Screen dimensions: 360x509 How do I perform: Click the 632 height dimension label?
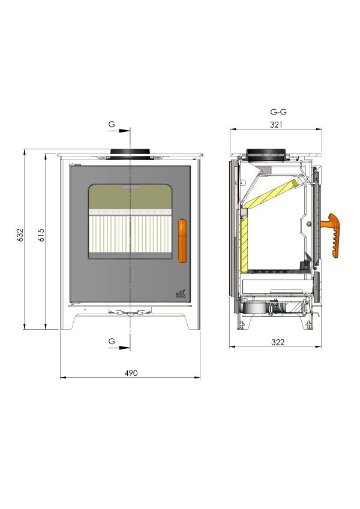[20, 235]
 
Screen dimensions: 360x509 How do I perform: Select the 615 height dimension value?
[41, 235]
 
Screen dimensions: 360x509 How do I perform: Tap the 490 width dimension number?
[131, 373]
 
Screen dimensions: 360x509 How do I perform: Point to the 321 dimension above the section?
[276, 125]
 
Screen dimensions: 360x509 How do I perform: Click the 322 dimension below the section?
[278, 342]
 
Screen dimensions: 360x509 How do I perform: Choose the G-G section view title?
[278, 112]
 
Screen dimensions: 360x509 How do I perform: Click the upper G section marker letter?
[112, 124]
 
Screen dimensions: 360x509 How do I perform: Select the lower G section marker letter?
[112, 341]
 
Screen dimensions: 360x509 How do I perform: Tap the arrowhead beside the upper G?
[124, 131]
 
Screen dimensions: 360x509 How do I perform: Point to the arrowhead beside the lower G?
[124, 348]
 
